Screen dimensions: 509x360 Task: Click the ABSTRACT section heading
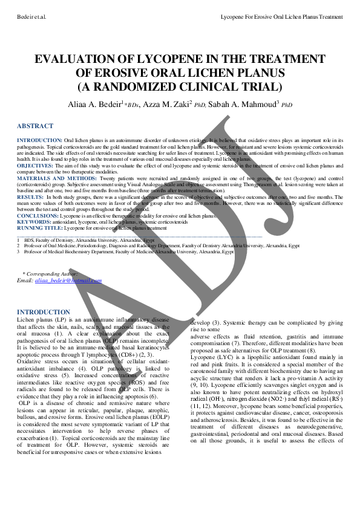click(x=34, y=126)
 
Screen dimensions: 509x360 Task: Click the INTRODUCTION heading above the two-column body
click(x=44, y=312)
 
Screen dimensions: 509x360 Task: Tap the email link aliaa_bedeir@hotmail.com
click(x=68, y=280)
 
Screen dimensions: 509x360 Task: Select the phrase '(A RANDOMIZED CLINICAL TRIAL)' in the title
click(x=180, y=86)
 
